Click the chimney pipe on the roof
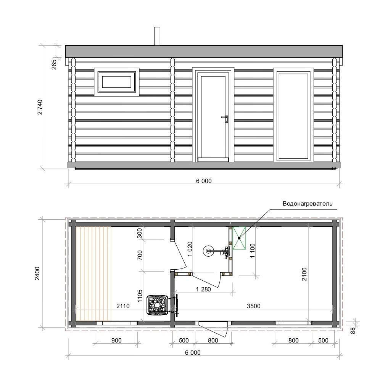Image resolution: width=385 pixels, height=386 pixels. click(157, 36)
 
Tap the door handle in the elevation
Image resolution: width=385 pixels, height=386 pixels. click(226, 119)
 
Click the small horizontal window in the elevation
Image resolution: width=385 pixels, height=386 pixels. click(116, 82)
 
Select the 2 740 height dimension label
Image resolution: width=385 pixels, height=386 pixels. click(40, 107)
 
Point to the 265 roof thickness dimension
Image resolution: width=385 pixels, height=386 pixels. click(54, 64)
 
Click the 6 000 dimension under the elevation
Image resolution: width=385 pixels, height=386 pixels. click(204, 181)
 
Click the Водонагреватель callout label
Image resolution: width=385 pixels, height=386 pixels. click(308, 204)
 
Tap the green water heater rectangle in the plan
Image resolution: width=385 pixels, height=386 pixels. click(239, 238)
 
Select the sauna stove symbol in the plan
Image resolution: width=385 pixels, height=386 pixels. click(158, 305)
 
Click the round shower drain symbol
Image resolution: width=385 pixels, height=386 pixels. click(208, 251)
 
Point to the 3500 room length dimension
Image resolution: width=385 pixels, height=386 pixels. click(253, 306)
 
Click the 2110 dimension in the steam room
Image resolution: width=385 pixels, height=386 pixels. click(123, 306)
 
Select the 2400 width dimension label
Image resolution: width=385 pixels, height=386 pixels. click(37, 273)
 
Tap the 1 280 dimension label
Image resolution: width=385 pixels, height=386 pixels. click(203, 289)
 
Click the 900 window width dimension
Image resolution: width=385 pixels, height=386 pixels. click(116, 341)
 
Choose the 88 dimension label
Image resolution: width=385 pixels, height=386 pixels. click(353, 330)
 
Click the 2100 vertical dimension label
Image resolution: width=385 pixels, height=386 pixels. click(304, 274)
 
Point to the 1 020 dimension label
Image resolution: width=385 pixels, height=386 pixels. click(190, 249)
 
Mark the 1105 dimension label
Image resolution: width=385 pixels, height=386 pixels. click(140, 296)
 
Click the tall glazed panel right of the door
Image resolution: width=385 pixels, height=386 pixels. click(293, 115)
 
